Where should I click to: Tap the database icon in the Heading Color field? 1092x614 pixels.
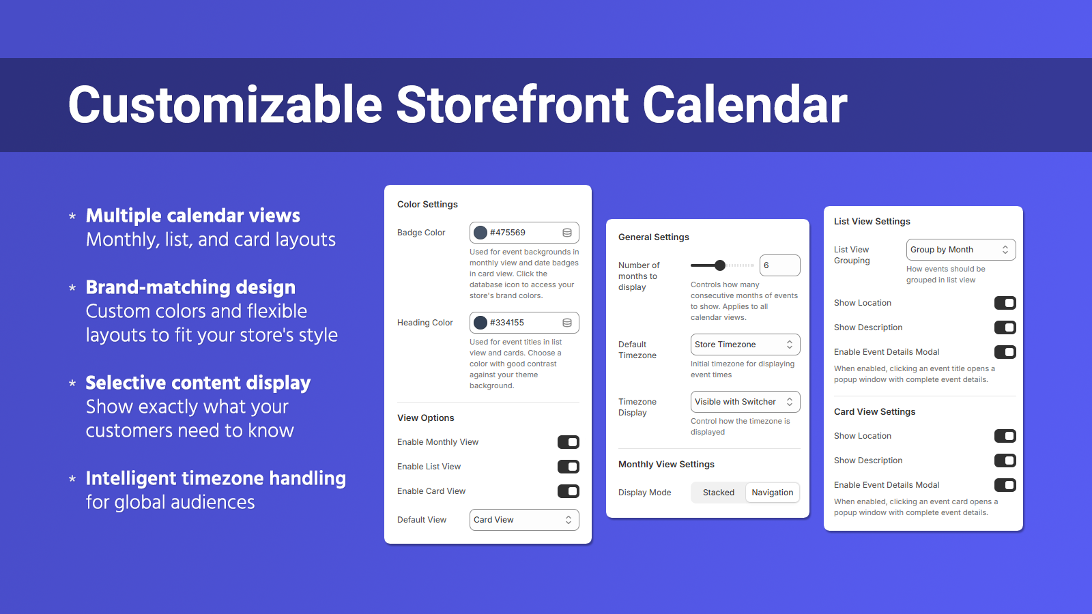[x=567, y=323]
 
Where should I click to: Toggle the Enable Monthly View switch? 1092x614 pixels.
[x=568, y=442]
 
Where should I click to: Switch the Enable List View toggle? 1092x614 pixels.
[x=568, y=467]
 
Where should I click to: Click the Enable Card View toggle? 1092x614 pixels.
[x=568, y=491]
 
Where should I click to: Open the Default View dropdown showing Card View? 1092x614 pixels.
[x=523, y=520]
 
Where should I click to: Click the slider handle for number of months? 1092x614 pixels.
[x=719, y=265]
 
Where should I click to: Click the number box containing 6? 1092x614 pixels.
[x=779, y=265]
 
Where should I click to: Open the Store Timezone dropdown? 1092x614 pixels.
[x=745, y=345]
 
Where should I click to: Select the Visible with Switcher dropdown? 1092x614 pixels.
[x=745, y=402]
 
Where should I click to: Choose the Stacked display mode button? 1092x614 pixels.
[x=718, y=493]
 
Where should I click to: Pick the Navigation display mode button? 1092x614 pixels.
[x=772, y=493]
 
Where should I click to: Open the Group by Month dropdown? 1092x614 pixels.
[x=960, y=250]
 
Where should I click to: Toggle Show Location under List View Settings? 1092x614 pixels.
[x=1005, y=303]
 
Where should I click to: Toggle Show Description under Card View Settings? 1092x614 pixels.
[x=1005, y=460]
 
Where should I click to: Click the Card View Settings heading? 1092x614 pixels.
[x=874, y=412]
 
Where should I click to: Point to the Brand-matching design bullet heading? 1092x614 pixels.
[x=190, y=287]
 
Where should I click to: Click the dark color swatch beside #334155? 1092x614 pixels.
[x=480, y=323]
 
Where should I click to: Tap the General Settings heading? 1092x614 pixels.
[x=653, y=237]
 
